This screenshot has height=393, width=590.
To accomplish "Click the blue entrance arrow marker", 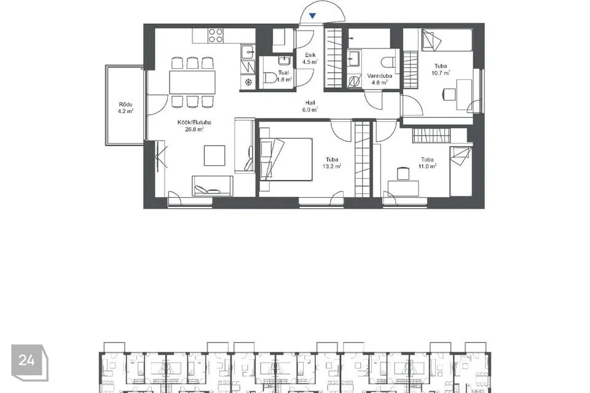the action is click(312, 16).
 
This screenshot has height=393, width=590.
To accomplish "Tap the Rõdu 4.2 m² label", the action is click(125, 107).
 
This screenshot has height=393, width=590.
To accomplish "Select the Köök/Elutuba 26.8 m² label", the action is click(194, 126).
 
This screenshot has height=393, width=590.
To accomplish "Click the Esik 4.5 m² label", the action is click(310, 59).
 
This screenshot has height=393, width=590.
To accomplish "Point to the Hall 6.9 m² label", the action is click(310, 106).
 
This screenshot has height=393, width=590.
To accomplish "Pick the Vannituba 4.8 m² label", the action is click(379, 79).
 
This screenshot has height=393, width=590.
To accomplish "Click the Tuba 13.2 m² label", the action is click(332, 163).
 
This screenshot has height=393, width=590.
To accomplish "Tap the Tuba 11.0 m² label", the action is click(428, 163).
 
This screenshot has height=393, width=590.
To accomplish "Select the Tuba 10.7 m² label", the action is click(441, 69).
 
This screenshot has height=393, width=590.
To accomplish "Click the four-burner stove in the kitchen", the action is click(216, 36).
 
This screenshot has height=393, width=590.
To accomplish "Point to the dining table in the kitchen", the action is click(192, 82).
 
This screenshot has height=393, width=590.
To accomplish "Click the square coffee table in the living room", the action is click(214, 155).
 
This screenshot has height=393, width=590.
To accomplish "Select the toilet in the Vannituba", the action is click(388, 61).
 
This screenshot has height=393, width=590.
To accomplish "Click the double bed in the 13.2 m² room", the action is click(286, 159).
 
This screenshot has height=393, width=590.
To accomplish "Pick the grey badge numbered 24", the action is click(29, 362).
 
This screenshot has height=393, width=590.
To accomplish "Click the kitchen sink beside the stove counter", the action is click(248, 52).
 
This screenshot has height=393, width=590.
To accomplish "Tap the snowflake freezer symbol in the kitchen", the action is click(248, 82).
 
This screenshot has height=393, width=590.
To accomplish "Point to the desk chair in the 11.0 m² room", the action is click(403, 174).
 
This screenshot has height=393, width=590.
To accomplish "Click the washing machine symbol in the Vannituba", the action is click(354, 81).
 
